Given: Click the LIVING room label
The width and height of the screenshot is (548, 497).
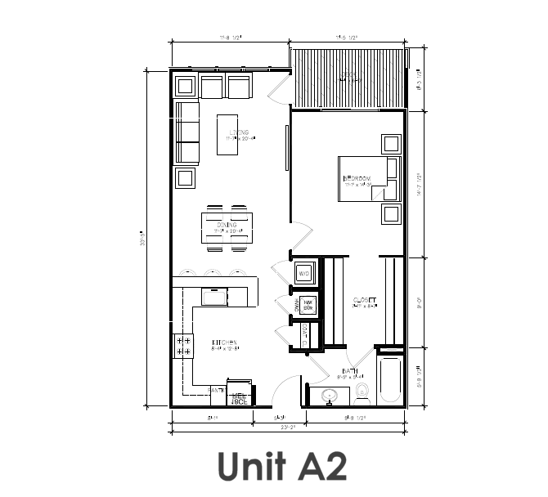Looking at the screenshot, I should (239, 132).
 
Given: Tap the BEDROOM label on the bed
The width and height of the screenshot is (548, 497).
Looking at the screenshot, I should (357, 178).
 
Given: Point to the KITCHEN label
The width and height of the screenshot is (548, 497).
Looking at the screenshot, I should (224, 343).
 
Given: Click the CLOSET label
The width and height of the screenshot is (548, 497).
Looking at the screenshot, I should (363, 300).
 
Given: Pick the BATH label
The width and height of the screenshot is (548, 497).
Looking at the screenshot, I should (350, 372).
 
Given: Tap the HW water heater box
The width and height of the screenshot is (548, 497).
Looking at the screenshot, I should (308, 305).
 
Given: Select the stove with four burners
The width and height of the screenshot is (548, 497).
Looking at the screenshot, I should (182, 345).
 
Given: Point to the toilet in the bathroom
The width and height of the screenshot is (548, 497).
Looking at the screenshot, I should (363, 393).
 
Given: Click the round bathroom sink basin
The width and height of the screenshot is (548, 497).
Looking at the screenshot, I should (330, 396).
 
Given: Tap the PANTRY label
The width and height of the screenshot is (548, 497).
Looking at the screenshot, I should (218, 391).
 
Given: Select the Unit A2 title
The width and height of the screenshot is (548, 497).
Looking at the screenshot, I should (282, 465).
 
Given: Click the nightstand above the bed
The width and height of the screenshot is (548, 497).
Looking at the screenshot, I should (391, 144).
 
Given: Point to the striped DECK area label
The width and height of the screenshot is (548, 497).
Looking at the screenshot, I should (349, 77).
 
